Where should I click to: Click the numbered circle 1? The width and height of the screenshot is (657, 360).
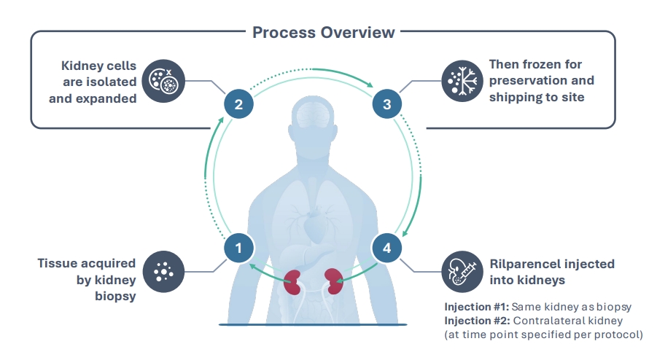238,248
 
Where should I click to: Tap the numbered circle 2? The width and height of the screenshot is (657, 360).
238,103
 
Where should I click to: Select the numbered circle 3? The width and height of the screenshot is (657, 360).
386,103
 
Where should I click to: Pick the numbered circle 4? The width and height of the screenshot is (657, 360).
386,248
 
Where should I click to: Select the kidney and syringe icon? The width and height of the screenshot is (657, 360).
462,272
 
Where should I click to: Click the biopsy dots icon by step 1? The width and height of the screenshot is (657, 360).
163,272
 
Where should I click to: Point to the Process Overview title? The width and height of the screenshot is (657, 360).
324,32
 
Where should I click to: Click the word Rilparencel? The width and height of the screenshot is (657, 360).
522,263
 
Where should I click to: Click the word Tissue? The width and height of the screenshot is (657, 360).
57,263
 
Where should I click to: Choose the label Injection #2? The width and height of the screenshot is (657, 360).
475,320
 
